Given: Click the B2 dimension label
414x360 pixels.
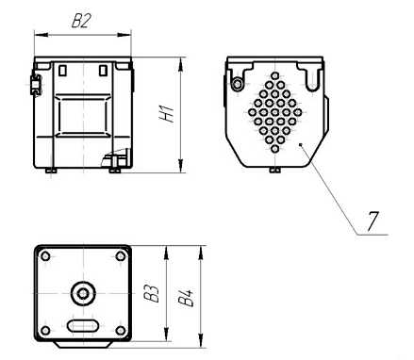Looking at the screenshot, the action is click(81, 22).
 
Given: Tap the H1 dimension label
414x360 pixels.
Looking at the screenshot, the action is click(166, 114).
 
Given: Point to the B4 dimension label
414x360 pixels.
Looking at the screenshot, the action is click(186, 298).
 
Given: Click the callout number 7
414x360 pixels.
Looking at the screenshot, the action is click(373, 221).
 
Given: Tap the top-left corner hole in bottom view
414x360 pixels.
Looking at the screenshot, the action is click(45, 256).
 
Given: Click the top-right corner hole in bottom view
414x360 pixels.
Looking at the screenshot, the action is click(121, 256).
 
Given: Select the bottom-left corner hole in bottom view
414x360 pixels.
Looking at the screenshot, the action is click(45, 331).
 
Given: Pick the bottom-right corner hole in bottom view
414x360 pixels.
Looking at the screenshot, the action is click(121, 331).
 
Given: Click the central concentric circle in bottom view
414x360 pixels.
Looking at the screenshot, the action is click(83, 294).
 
